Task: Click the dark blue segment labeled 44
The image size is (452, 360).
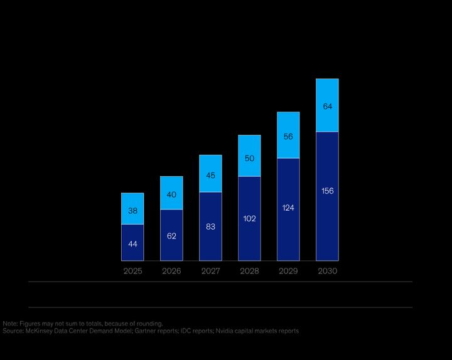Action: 132,242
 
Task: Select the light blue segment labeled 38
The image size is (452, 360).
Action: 132,209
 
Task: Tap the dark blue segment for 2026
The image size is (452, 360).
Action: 171,235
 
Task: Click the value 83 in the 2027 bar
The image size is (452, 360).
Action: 210,226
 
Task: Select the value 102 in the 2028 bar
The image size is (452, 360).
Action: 249,218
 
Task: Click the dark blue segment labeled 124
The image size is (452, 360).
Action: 288,208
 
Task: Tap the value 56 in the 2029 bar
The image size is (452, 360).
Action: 288,136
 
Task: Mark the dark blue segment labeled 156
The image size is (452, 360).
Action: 327,191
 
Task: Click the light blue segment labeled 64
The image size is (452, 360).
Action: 327,106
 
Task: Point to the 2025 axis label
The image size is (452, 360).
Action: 132,272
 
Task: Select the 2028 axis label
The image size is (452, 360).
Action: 249,272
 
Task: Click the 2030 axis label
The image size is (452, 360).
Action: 327,272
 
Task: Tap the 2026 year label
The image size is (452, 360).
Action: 171,272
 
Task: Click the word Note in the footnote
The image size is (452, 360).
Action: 10,324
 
